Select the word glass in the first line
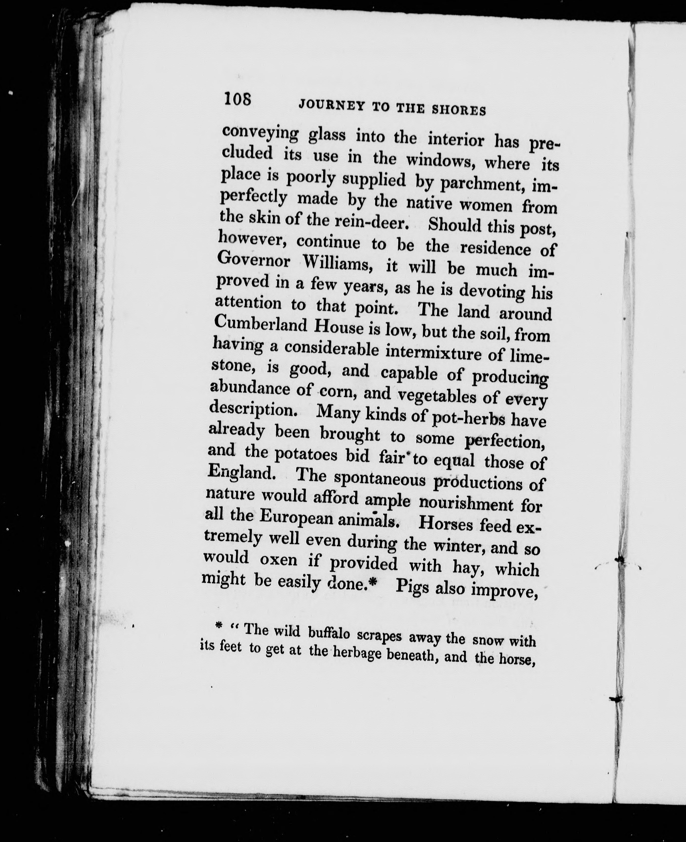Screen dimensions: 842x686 pyautogui.click(x=327, y=135)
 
